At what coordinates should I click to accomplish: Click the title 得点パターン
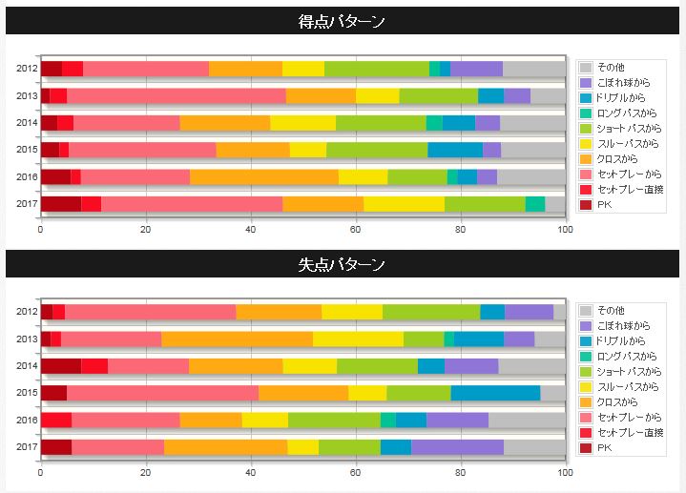click(x=342, y=21)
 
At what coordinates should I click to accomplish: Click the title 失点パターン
click(x=342, y=264)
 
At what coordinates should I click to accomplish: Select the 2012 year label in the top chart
click(x=26, y=69)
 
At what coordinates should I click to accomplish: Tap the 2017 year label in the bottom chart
click(x=26, y=447)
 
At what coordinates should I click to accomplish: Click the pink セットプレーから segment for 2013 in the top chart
click(x=177, y=95)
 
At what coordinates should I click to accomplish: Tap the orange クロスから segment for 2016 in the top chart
click(x=264, y=176)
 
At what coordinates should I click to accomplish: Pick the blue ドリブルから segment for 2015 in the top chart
click(x=455, y=150)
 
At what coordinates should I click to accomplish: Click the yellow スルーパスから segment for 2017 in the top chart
click(x=404, y=203)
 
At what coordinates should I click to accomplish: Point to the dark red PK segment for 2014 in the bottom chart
click(x=61, y=366)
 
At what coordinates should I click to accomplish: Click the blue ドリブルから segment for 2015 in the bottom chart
click(x=495, y=393)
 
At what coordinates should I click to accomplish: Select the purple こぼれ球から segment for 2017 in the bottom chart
click(x=457, y=447)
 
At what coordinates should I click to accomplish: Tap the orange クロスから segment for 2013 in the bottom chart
click(x=237, y=339)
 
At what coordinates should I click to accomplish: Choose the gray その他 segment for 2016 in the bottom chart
click(x=527, y=421)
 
